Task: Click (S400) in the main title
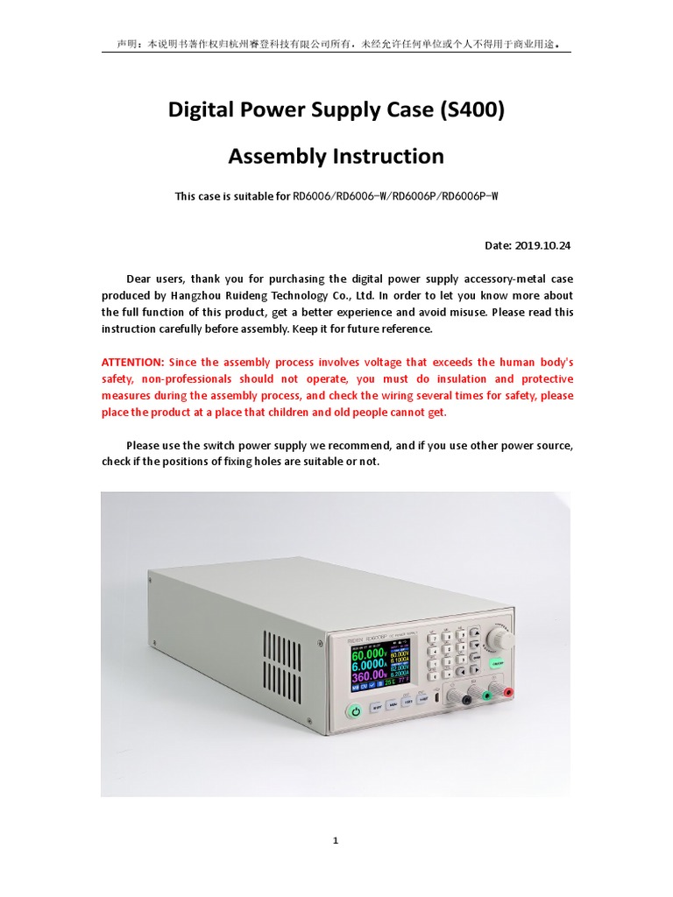click(473, 110)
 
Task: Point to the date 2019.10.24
click(544, 245)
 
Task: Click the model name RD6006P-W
click(469, 196)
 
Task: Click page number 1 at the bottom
click(336, 841)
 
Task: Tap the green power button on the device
click(356, 711)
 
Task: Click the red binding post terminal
click(508, 693)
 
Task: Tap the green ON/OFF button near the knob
click(497, 665)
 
